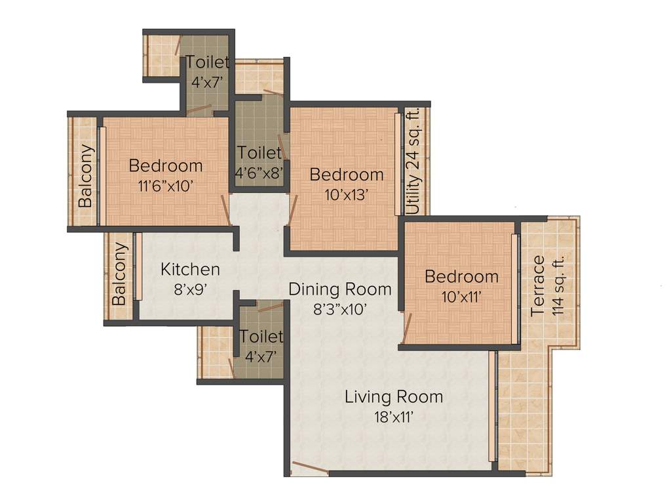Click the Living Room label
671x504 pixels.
[394, 396]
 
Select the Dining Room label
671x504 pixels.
[340, 289]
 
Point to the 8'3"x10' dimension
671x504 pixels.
[340, 308]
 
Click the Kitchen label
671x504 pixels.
[190, 269]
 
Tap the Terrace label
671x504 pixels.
[538, 286]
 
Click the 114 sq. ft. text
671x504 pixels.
[558, 286]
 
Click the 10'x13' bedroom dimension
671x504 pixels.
[345, 194]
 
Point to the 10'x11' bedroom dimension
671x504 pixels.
[461, 296]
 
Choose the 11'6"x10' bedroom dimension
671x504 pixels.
[166, 185]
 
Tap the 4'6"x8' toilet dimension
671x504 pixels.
[259, 172]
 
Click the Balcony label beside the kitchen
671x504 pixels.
[119, 274]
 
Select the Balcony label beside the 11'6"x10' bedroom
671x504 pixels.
[86, 175]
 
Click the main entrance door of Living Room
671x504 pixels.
[310, 468]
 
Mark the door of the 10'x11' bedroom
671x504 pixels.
[406, 328]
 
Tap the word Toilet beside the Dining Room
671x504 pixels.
[261, 337]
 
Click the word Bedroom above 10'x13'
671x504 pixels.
[347, 175]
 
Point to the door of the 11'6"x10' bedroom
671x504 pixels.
[225, 209]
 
